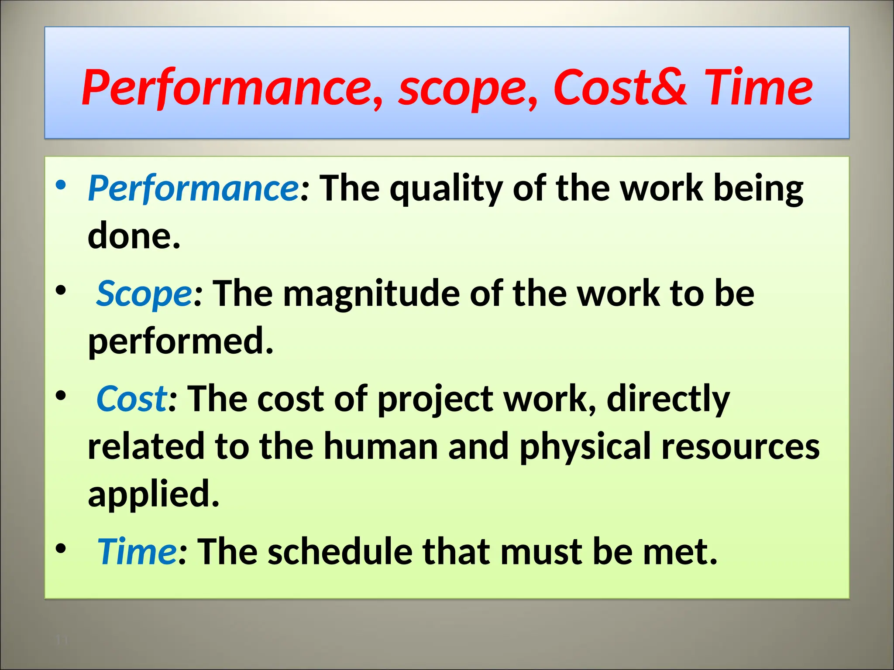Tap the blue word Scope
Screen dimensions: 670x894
tap(144, 294)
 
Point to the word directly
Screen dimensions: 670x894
tap(668, 399)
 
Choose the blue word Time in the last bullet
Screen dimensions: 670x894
tap(136, 552)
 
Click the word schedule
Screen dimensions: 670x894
tap(340, 552)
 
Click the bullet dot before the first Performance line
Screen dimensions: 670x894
tap(61, 185)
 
